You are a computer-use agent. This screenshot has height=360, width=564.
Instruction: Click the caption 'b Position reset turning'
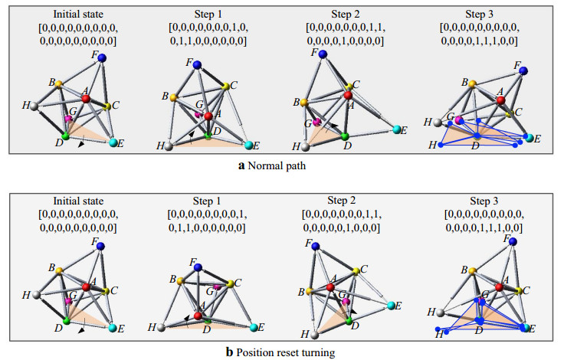tap(281, 352)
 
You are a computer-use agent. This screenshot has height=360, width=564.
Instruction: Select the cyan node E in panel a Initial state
tap(113, 142)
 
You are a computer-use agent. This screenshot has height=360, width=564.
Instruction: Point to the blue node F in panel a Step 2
tap(323, 54)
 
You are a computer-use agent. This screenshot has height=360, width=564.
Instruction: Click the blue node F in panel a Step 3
tap(524, 70)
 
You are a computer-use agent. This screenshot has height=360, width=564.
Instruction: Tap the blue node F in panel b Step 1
tap(198, 267)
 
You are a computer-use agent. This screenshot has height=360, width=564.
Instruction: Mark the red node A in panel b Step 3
tap(499, 286)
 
